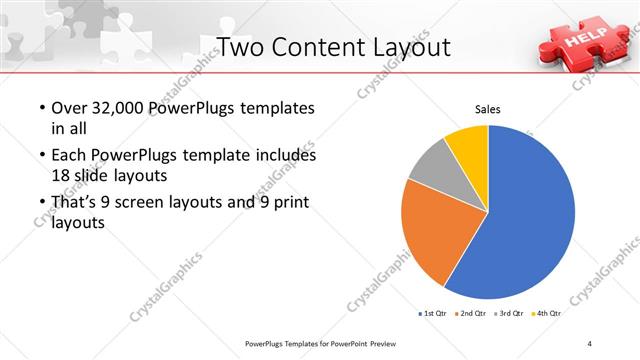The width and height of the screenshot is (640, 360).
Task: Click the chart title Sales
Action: pos(487,109)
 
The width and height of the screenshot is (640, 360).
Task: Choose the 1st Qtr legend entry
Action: pos(436,314)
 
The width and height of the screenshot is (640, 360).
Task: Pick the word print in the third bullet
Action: pos(286,203)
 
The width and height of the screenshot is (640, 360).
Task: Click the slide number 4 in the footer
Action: pos(590,344)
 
